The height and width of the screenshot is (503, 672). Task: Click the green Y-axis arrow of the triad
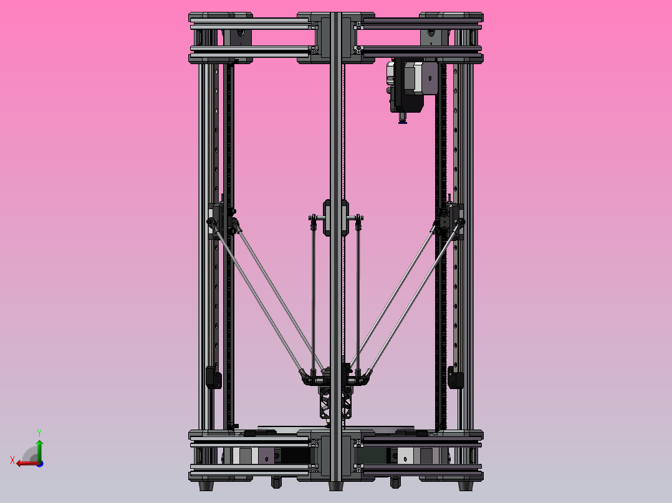click(39, 448)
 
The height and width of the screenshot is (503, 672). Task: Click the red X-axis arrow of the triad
click(25, 463)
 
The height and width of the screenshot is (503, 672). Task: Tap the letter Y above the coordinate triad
click(39, 431)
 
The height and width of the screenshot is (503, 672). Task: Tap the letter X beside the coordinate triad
click(12, 460)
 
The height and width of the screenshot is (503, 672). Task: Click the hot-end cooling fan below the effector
click(335, 402)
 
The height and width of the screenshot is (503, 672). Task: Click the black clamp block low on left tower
click(213, 377)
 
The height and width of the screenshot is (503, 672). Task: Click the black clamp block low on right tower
click(456, 377)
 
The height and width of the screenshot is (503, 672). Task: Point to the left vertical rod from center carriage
click(313, 293)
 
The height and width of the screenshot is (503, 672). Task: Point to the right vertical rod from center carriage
click(358, 293)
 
